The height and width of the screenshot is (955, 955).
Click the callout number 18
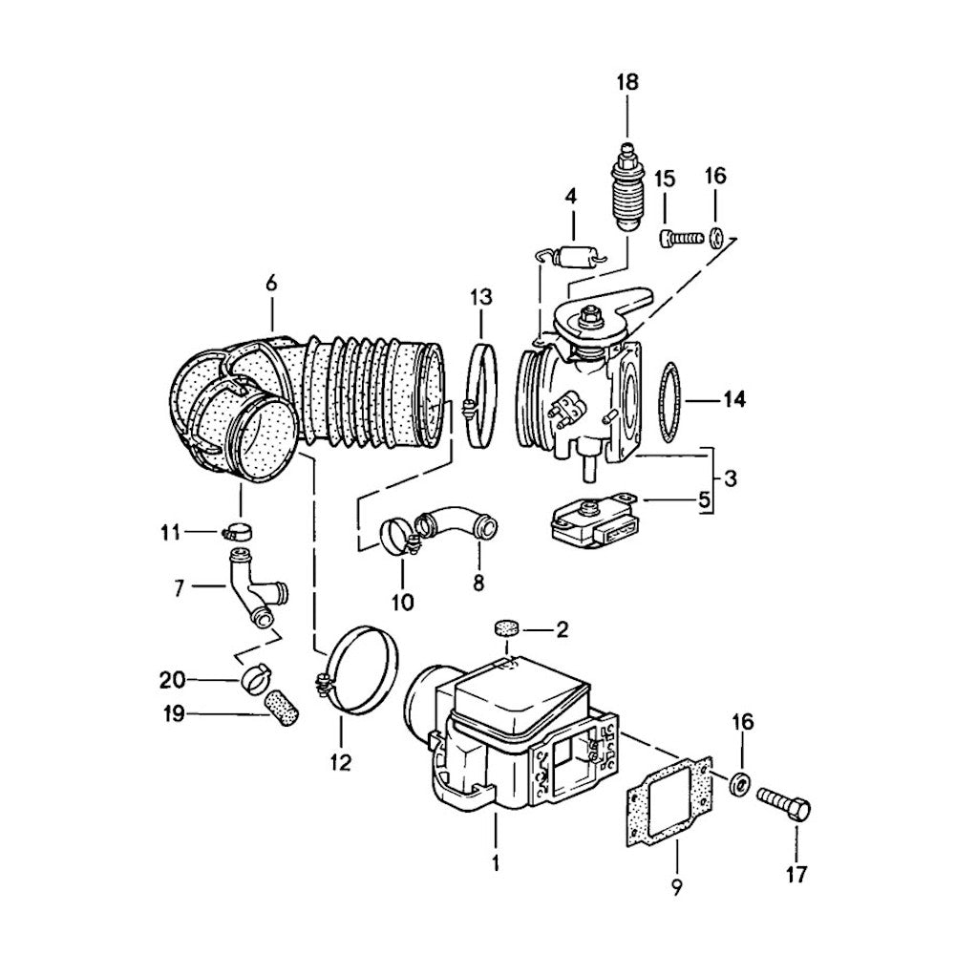[x=626, y=82]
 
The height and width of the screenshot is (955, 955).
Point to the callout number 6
[x=270, y=283]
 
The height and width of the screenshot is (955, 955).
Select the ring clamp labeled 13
[x=480, y=393]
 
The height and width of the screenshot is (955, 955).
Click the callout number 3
[x=729, y=477]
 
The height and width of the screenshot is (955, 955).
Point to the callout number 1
[x=497, y=865]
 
